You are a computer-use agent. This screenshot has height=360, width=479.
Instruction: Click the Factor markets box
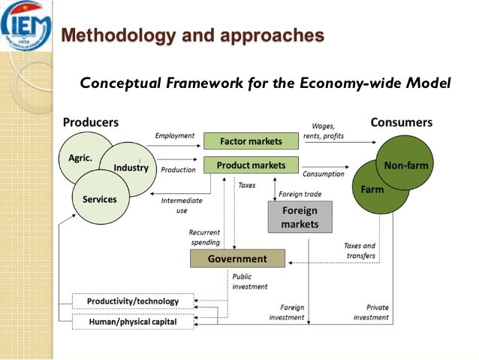[x=251, y=141]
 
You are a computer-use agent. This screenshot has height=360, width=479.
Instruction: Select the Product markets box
[x=251, y=165]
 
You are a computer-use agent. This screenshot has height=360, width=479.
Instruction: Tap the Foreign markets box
[x=300, y=217]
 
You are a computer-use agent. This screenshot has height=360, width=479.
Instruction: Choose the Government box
[x=237, y=259]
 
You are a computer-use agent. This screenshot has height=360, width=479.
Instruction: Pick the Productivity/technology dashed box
[x=133, y=301]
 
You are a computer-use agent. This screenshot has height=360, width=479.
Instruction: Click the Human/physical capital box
[x=133, y=322]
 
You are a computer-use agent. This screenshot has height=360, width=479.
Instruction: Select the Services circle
[x=100, y=199]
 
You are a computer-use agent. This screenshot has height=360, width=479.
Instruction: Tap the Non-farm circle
[x=405, y=165]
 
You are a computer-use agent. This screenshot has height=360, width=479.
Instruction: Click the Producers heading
[x=90, y=122]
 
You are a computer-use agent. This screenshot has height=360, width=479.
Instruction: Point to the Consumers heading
[x=401, y=122]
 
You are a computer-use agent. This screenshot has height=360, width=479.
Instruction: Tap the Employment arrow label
[x=175, y=135]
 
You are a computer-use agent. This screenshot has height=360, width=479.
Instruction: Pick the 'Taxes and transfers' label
[x=360, y=250]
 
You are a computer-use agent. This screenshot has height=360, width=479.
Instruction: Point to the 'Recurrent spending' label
[x=205, y=237]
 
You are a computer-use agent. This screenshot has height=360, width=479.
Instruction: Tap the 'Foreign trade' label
[x=300, y=194]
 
